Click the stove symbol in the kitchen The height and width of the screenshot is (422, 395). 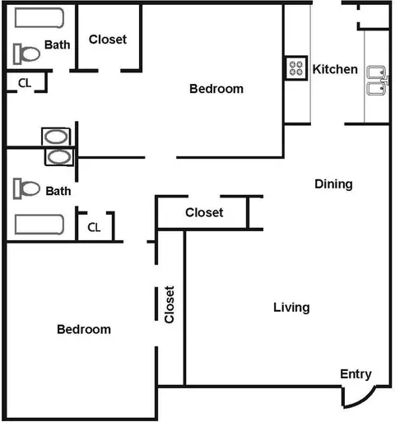[x=296, y=68]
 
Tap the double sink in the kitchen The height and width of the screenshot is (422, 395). [x=378, y=81]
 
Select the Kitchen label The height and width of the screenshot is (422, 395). [x=335, y=69]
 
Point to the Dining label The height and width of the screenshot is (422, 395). [x=333, y=184]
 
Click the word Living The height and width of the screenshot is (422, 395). [x=291, y=308]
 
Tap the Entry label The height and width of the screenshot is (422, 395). [x=355, y=374]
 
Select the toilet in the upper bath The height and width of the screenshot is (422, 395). [x=26, y=53]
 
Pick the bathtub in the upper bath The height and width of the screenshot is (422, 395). [x=39, y=18]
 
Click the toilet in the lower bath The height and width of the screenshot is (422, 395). [x=26, y=188]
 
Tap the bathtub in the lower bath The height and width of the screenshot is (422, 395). [x=39, y=225]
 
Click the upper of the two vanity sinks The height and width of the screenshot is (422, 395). [x=56, y=137]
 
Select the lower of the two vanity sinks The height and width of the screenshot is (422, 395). [x=59, y=157]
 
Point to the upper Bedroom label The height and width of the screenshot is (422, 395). [x=216, y=89]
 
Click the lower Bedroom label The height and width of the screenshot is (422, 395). [x=84, y=329]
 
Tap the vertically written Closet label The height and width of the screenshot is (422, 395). [x=170, y=304]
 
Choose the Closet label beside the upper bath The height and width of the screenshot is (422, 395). [x=108, y=39]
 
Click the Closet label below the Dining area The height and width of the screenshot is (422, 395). [x=204, y=212]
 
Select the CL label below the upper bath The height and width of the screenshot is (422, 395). [x=25, y=83]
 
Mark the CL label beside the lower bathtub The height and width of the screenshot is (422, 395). [x=94, y=227]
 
